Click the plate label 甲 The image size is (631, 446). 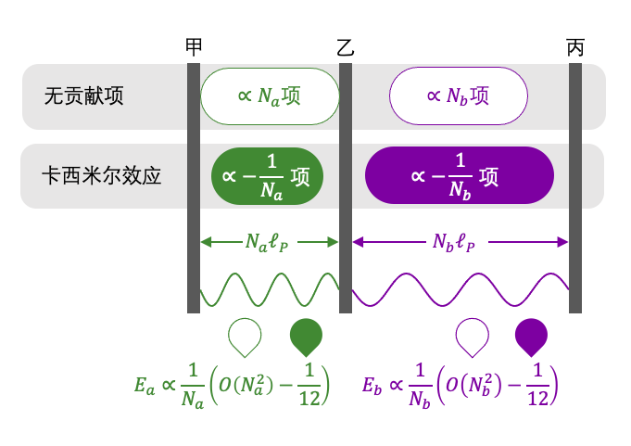coord(194,47)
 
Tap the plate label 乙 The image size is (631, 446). coord(346,47)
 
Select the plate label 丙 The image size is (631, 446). coord(575,47)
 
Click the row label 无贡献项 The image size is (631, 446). coord(83,96)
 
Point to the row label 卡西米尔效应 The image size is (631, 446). coord(101,176)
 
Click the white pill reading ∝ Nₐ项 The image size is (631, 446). coord(270,96)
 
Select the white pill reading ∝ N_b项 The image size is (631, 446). coord(459,96)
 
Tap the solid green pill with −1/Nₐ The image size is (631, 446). coord(267,176)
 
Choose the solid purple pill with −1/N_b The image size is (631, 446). coord(460,175)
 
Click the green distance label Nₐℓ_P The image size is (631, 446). coord(267,242)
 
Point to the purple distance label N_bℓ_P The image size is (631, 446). coord(453,242)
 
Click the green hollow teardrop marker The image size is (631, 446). coord(245,338)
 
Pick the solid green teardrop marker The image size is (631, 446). coord(307,338)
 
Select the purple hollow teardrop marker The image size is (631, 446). coord(472,338)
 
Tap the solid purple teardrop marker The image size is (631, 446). coord(531,338)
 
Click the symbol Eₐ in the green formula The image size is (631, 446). coord(145,386)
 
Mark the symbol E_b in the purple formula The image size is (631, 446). coord(372,386)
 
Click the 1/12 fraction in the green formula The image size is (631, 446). coord(309,385)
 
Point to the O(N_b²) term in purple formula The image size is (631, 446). coord(473,385)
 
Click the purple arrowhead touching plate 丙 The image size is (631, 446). coord(562,242)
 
